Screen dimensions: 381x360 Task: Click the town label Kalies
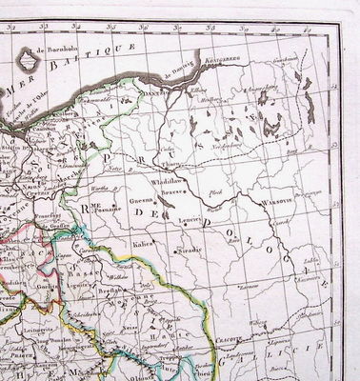pos(145,242)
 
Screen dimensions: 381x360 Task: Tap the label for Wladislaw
pos(167,179)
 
